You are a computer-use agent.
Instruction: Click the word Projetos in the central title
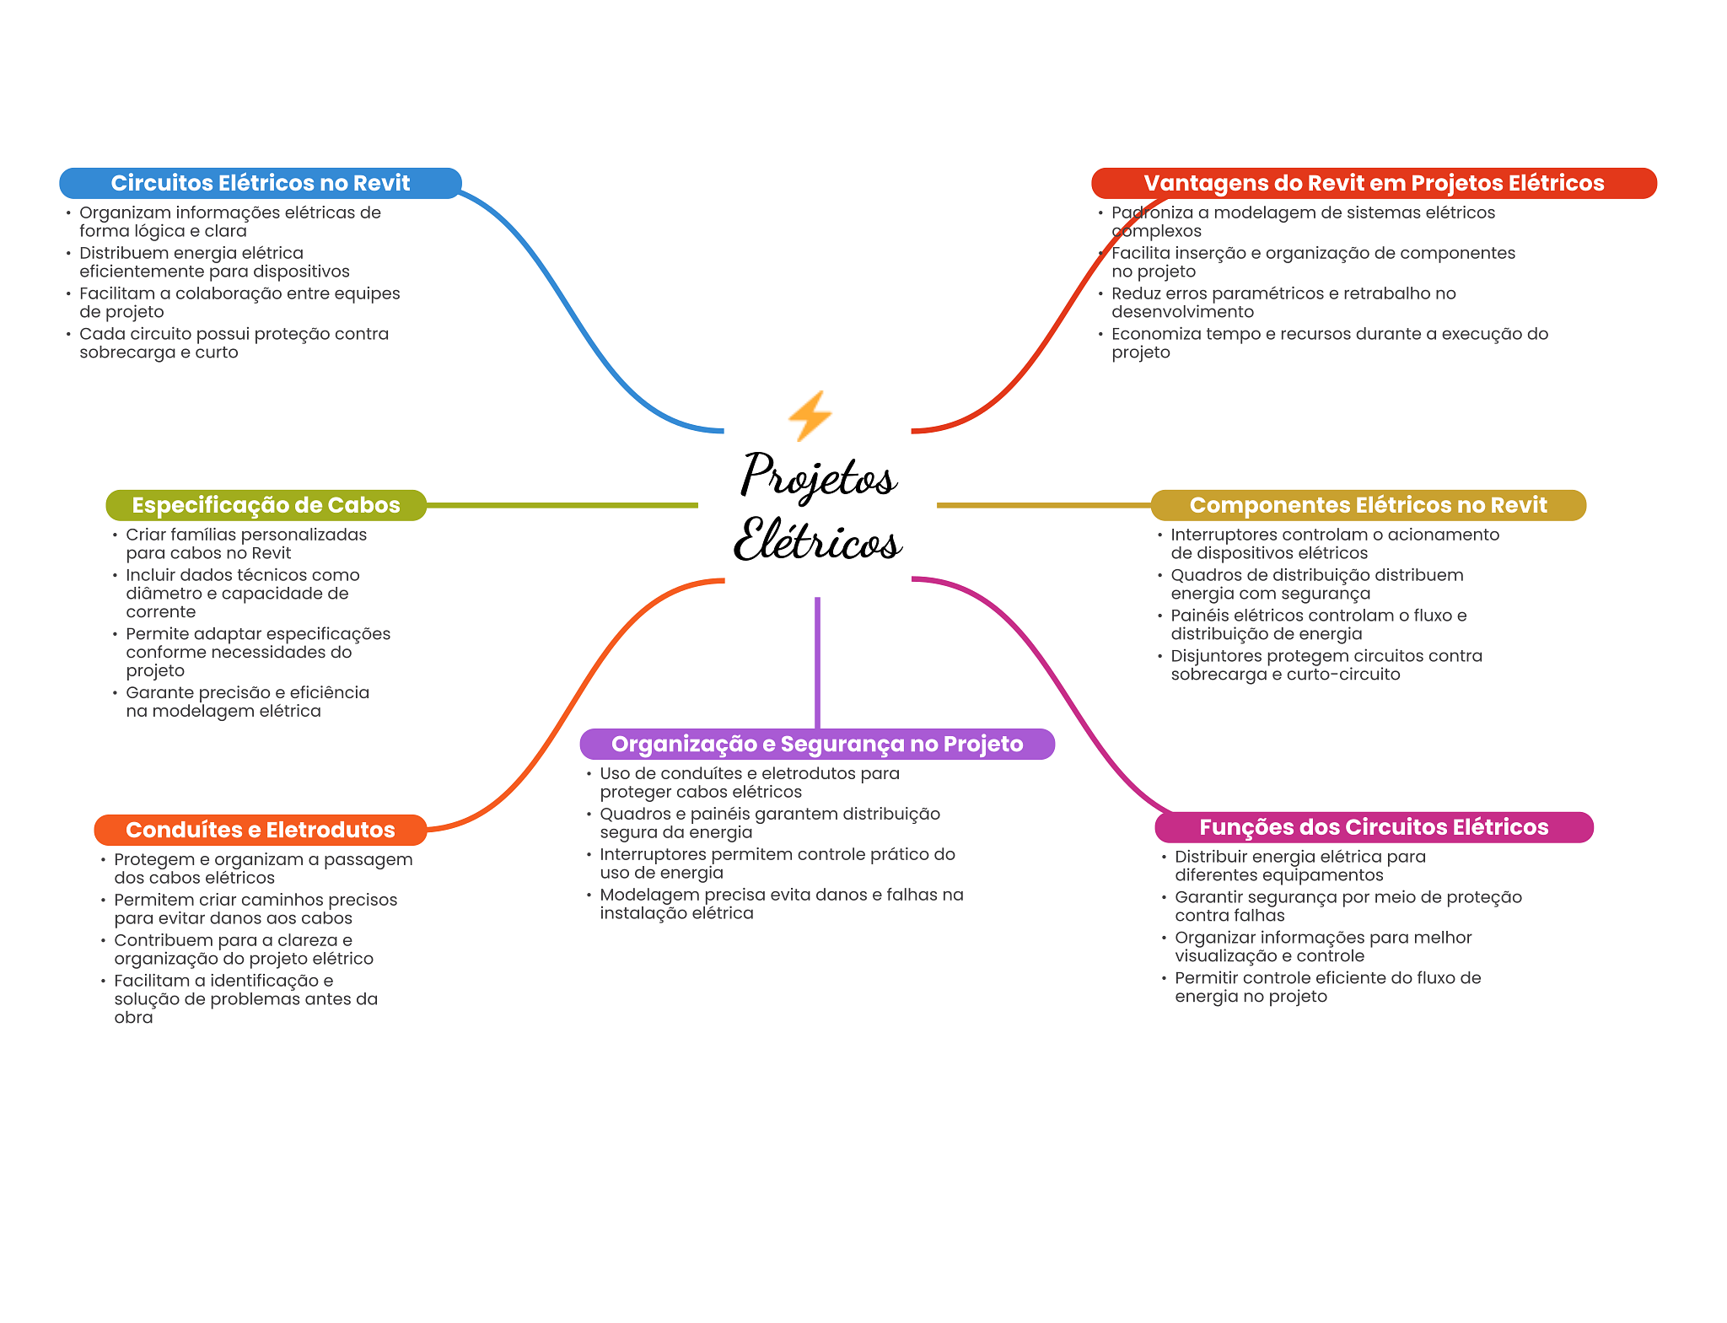click(x=818, y=476)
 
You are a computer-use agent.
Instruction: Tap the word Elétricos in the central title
click(x=818, y=540)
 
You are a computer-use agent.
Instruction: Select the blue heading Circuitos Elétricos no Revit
click(x=260, y=183)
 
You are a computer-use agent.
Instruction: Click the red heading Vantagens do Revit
click(x=1373, y=183)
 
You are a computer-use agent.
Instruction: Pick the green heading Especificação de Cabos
click(x=266, y=505)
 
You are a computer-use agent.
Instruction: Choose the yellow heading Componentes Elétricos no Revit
click(x=1368, y=505)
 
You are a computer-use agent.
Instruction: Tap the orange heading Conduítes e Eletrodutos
click(x=260, y=830)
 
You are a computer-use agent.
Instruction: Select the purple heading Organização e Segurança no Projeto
click(x=816, y=744)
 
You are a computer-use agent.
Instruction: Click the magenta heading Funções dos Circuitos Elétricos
click(x=1373, y=827)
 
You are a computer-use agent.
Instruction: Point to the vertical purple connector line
click(x=817, y=662)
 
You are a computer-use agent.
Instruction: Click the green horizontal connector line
click(x=562, y=505)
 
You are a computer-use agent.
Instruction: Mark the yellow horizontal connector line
click(x=1043, y=505)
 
